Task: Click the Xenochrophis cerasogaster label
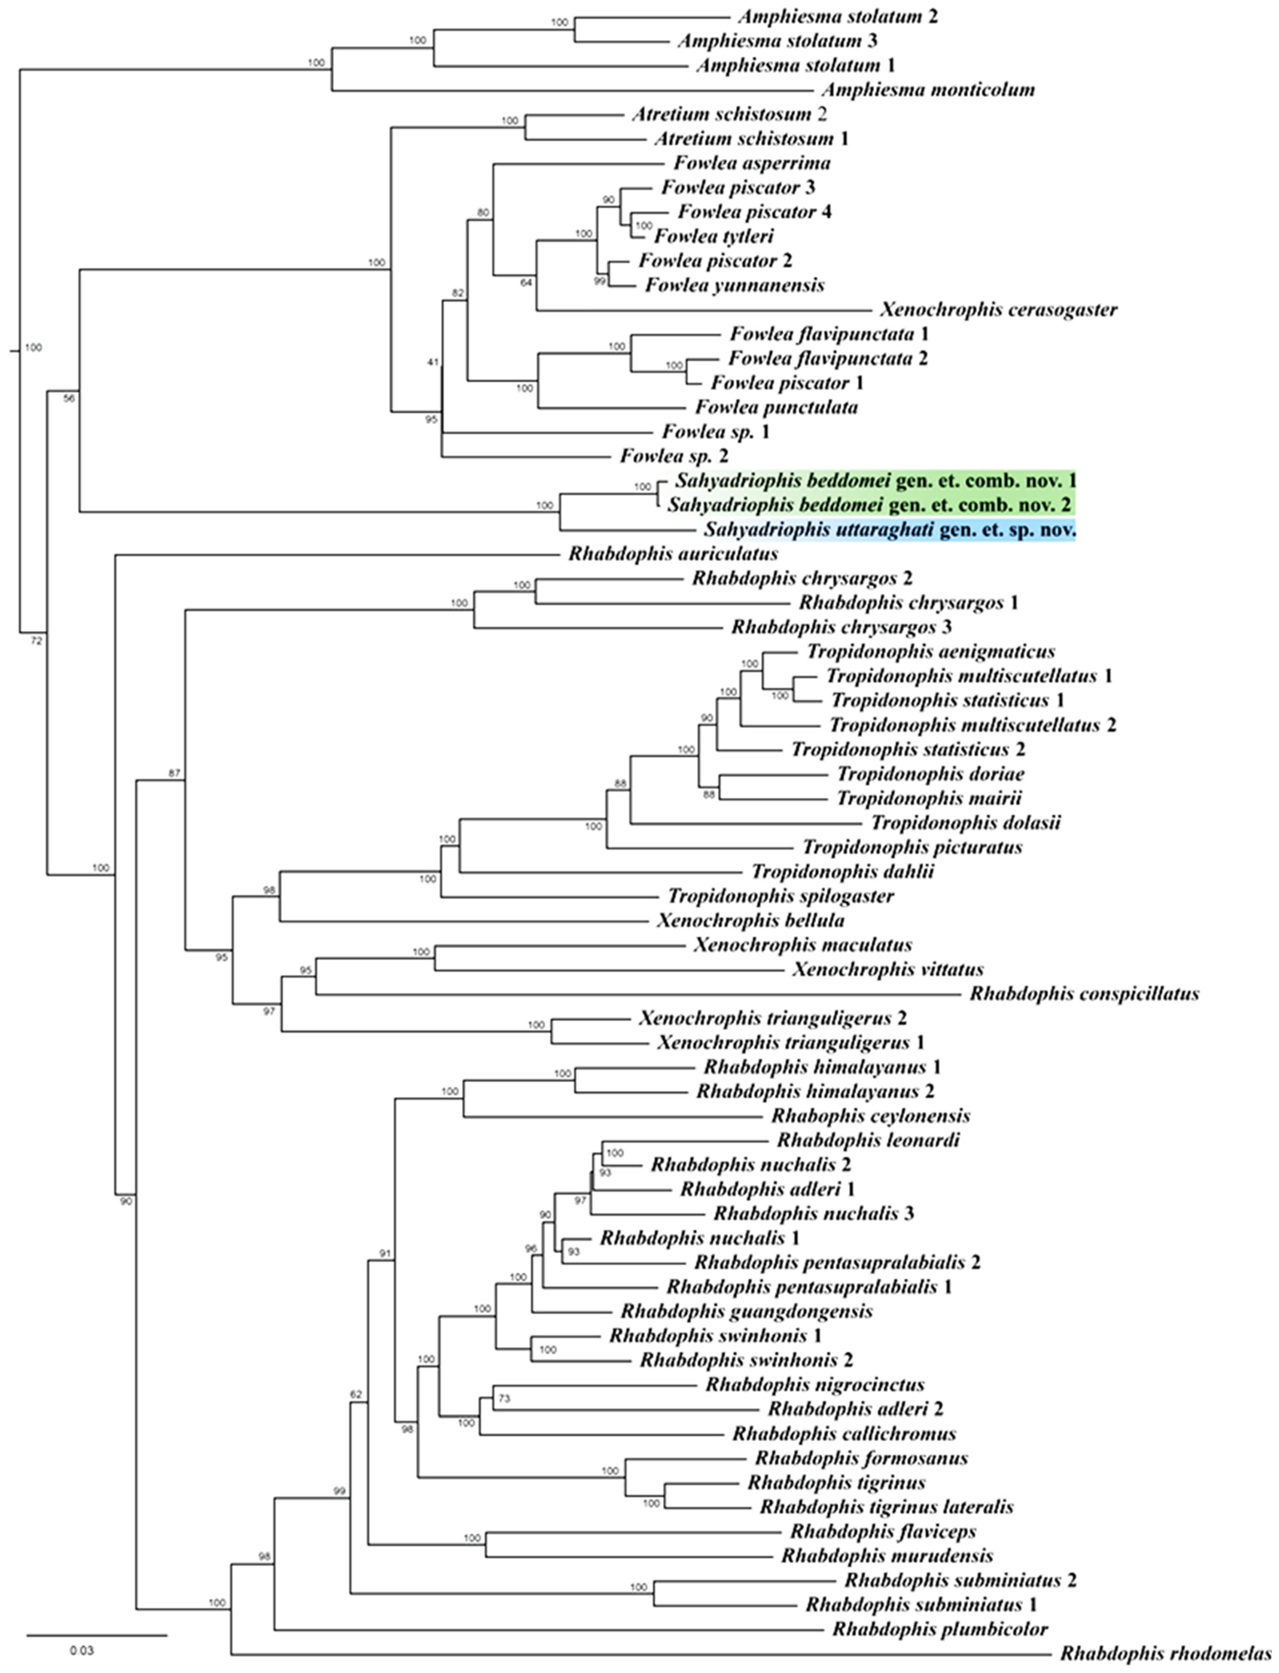(x=998, y=310)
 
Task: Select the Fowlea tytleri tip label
(x=713, y=237)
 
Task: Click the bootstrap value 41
(x=433, y=362)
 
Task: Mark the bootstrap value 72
(x=36, y=641)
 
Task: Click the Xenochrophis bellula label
(x=750, y=920)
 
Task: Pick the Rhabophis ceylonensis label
(x=870, y=1116)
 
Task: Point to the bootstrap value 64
(x=526, y=282)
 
